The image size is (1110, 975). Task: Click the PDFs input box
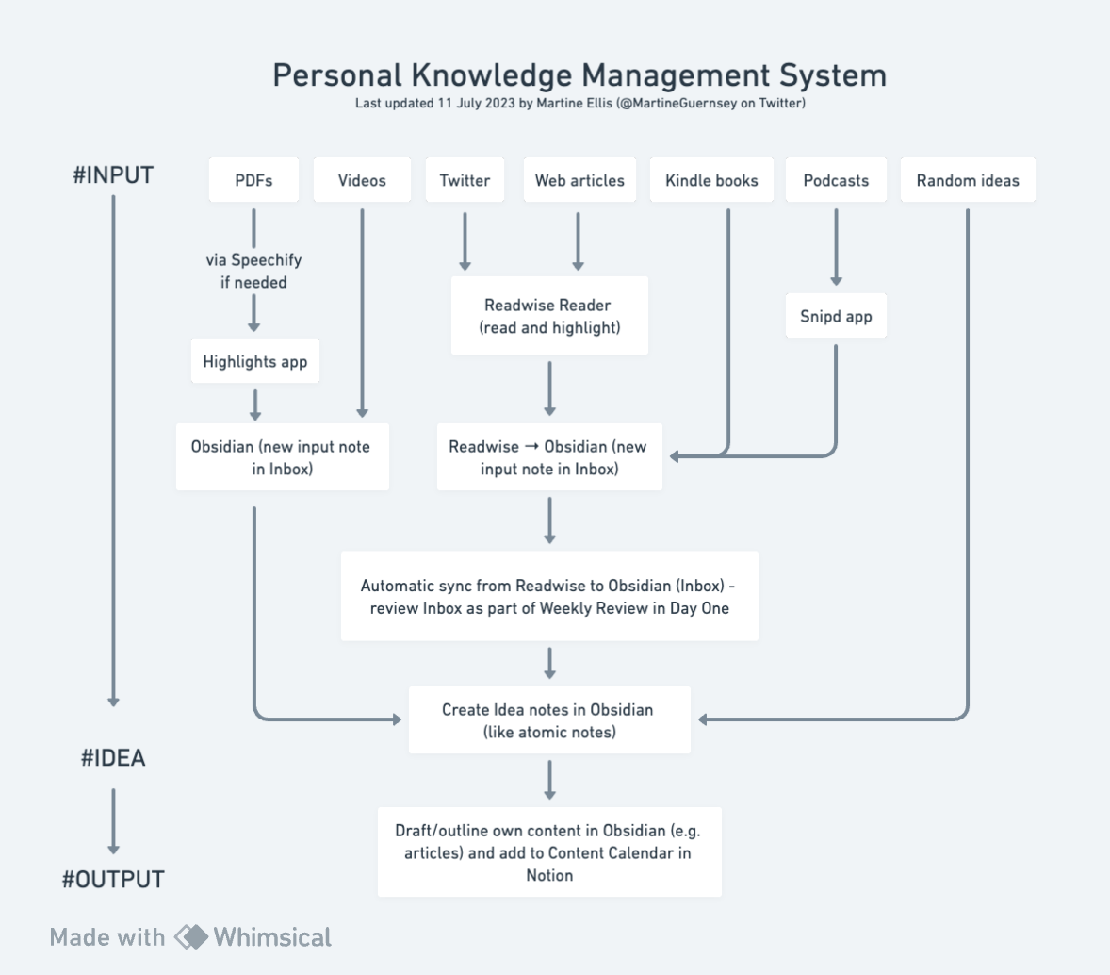pos(253,180)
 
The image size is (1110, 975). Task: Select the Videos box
pos(362,180)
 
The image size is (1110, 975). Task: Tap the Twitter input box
pos(465,180)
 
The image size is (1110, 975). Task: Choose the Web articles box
pos(579,180)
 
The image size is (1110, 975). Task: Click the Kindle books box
pos(711,180)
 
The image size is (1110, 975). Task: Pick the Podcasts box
pos(836,180)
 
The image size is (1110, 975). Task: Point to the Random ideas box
pos(968,180)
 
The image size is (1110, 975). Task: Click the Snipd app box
pos(836,316)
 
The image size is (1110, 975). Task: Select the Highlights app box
pos(255,361)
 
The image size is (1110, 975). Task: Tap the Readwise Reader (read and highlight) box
pos(549,316)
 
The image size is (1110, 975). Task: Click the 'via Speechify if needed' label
pos(253,271)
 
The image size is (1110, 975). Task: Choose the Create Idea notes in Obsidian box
pos(549,720)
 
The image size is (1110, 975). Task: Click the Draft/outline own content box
pos(549,852)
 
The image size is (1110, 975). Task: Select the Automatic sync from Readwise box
pos(549,597)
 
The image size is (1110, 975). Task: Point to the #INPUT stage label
pos(113,175)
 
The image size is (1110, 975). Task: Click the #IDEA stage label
pos(113,758)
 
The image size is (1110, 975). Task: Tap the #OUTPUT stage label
pos(113,880)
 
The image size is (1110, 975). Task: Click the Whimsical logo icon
pos(191,937)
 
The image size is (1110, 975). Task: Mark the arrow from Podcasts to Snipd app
pos(836,247)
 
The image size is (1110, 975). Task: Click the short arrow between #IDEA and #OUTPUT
pos(113,820)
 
